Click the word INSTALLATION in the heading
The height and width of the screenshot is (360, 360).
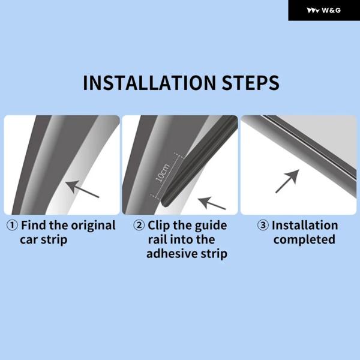[x=149, y=82]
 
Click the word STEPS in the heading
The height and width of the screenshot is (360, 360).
[x=250, y=82]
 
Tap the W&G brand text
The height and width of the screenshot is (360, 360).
[x=331, y=10]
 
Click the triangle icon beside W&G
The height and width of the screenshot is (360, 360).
[x=313, y=11]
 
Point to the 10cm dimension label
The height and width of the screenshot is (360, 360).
[x=163, y=173]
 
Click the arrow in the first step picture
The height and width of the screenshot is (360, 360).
[x=82, y=189]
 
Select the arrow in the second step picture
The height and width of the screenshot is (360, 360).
[x=212, y=203]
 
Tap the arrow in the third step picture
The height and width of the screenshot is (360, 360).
[x=287, y=181]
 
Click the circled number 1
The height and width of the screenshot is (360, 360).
[x=12, y=225]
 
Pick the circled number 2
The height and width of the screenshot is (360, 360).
[x=139, y=225]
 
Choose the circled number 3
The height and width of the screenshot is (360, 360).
[x=263, y=225]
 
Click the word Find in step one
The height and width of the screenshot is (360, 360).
[x=34, y=225]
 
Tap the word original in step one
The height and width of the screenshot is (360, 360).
[x=93, y=226]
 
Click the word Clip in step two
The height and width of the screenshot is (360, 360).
[x=159, y=226]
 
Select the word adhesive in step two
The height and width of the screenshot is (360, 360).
[x=172, y=254]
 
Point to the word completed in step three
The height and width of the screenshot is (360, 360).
[x=304, y=239]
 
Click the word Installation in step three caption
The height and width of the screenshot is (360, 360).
[x=305, y=225]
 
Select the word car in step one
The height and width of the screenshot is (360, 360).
[x=29, y=240]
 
